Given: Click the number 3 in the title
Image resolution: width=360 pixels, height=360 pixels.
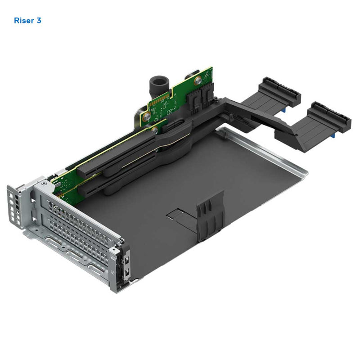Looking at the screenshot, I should point(39,20).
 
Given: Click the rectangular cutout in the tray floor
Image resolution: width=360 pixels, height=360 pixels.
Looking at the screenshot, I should point(180,216).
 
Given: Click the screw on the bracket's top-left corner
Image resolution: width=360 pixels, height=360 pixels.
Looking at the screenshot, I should point(43,183).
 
